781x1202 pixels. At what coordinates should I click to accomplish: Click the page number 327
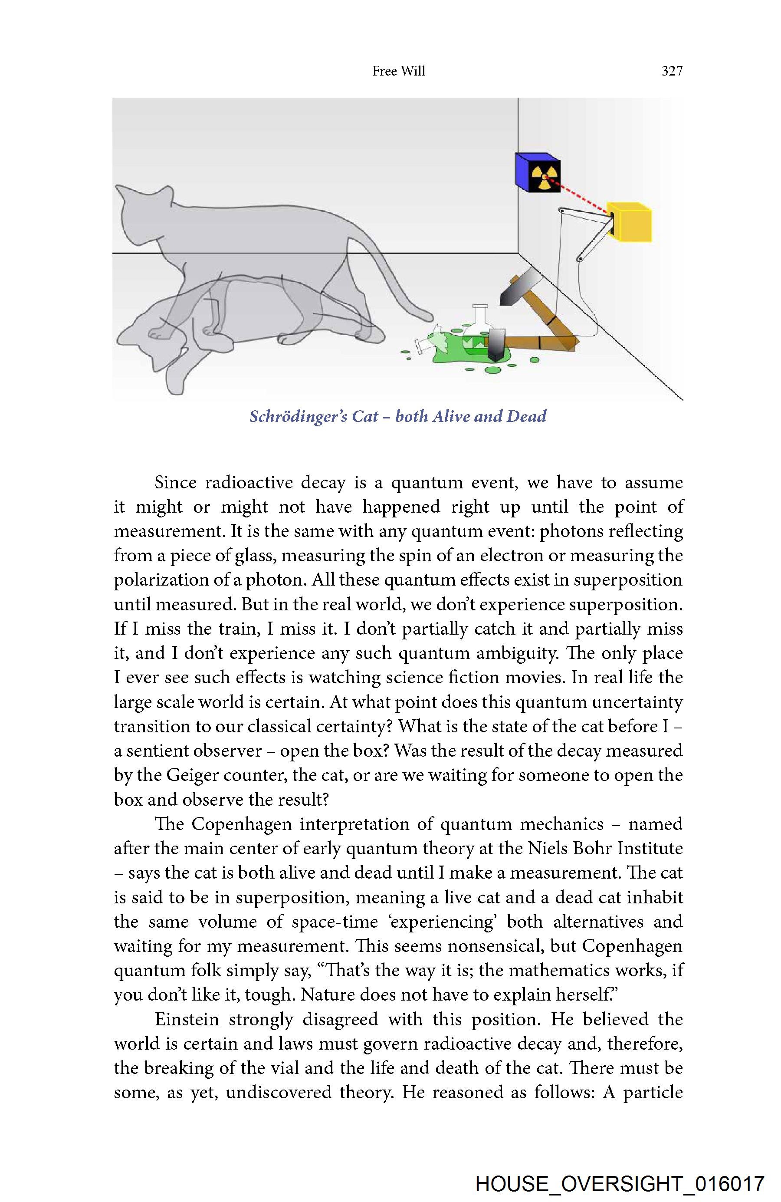pos(672,71)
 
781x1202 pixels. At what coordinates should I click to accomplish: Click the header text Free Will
pos(398,71)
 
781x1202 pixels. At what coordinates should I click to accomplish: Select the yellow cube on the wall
pos(630,222)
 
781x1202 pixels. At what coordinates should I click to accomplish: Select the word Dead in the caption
pos(527,416)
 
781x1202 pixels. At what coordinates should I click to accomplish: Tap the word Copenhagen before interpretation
pos(241,824)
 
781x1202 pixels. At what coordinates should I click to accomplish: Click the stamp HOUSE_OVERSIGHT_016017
pos(620,1184)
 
